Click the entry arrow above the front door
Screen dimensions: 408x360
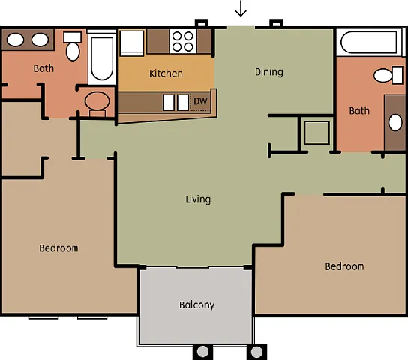pyautogui.click(x=241, y=8)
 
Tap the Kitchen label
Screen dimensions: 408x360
pyautogui.click(x=166, y=73)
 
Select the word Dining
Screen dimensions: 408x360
pyautogui.click(x=269, y=72)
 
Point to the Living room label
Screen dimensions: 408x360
pyautogui.click(x=198, y=199)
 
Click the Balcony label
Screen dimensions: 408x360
pyautogui.click(x=196, y=304)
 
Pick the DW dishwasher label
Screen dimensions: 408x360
pyautogui.click(x=200, y=101)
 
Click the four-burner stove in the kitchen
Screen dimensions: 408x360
pyautogui.click(x=183, y=41)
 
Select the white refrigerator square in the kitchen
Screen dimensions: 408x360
pyautogui.click(x=132, y=43)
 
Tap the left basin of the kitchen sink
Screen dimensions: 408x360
pyautogui.click(x=169, y=103)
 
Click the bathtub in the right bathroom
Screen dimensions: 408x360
pyautogui.click(x=369, y=43)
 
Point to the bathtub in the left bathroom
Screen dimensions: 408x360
pyautogui.click(x=102, y=58)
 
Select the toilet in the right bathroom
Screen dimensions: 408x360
pyautogui.click(x=388, y=75)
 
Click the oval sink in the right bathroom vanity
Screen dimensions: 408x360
pyautogui.click(x=395, y=123)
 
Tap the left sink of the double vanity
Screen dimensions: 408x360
pyautogui.click(x=16, y=40)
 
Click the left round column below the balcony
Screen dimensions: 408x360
pyautogui.click(x=202, y=352)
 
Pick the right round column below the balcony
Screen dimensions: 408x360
pyautogui.click(x=256, y=352)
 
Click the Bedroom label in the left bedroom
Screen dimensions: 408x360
pyautogui.click(x=58, y=248)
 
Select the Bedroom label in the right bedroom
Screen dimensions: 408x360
pyautogui.click(x=344, y=266)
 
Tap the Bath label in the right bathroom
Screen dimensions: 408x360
pyautogui.click(x=359, y=111)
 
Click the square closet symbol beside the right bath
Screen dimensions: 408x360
pyautogui.click(x=317, y=133)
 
